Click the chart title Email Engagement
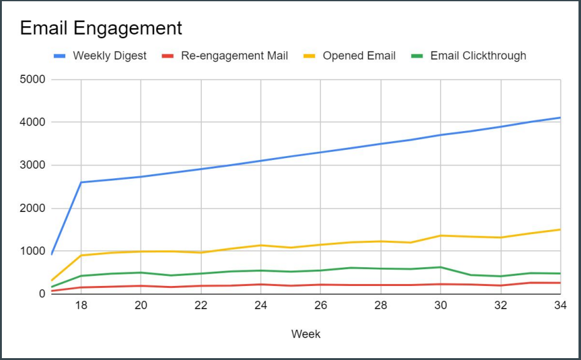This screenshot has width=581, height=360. [101, 28]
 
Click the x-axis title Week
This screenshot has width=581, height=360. [306, 334]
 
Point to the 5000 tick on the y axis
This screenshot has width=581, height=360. [33, 80]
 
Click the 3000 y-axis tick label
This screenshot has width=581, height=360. [33, 166]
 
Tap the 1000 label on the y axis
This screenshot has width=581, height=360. [33, 251]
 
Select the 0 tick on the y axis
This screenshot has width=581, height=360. [41, 294]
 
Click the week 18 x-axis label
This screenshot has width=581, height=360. [81, 306]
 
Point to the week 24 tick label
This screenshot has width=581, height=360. [261, 306]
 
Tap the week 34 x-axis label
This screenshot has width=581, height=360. [560, 306]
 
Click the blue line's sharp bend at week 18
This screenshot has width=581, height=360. [81, 183]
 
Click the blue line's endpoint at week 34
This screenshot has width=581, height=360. [560, 118]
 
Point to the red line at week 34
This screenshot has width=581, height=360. [560, 283]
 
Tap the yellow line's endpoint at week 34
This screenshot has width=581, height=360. [560, 230]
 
